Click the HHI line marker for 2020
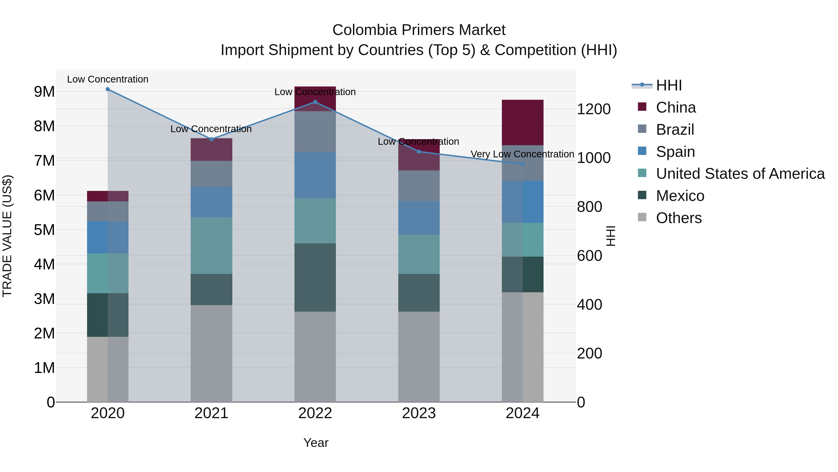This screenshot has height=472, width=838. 108,89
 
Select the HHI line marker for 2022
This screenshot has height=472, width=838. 315,102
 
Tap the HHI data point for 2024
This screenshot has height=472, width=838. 523,164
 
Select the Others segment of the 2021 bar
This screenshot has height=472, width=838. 211,353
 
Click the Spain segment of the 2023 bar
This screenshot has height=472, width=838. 419,218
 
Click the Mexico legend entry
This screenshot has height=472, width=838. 680,196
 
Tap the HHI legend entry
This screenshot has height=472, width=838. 669,85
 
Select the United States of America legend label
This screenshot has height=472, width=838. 740,174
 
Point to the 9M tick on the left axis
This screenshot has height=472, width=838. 44,92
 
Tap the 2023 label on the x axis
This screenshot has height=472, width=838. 419,413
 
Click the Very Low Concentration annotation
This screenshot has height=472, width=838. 522,154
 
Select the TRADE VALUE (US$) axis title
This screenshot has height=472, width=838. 7,236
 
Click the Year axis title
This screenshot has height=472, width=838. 316,443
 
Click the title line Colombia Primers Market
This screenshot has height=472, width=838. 419,30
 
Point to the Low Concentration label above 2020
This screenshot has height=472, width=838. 108,79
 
